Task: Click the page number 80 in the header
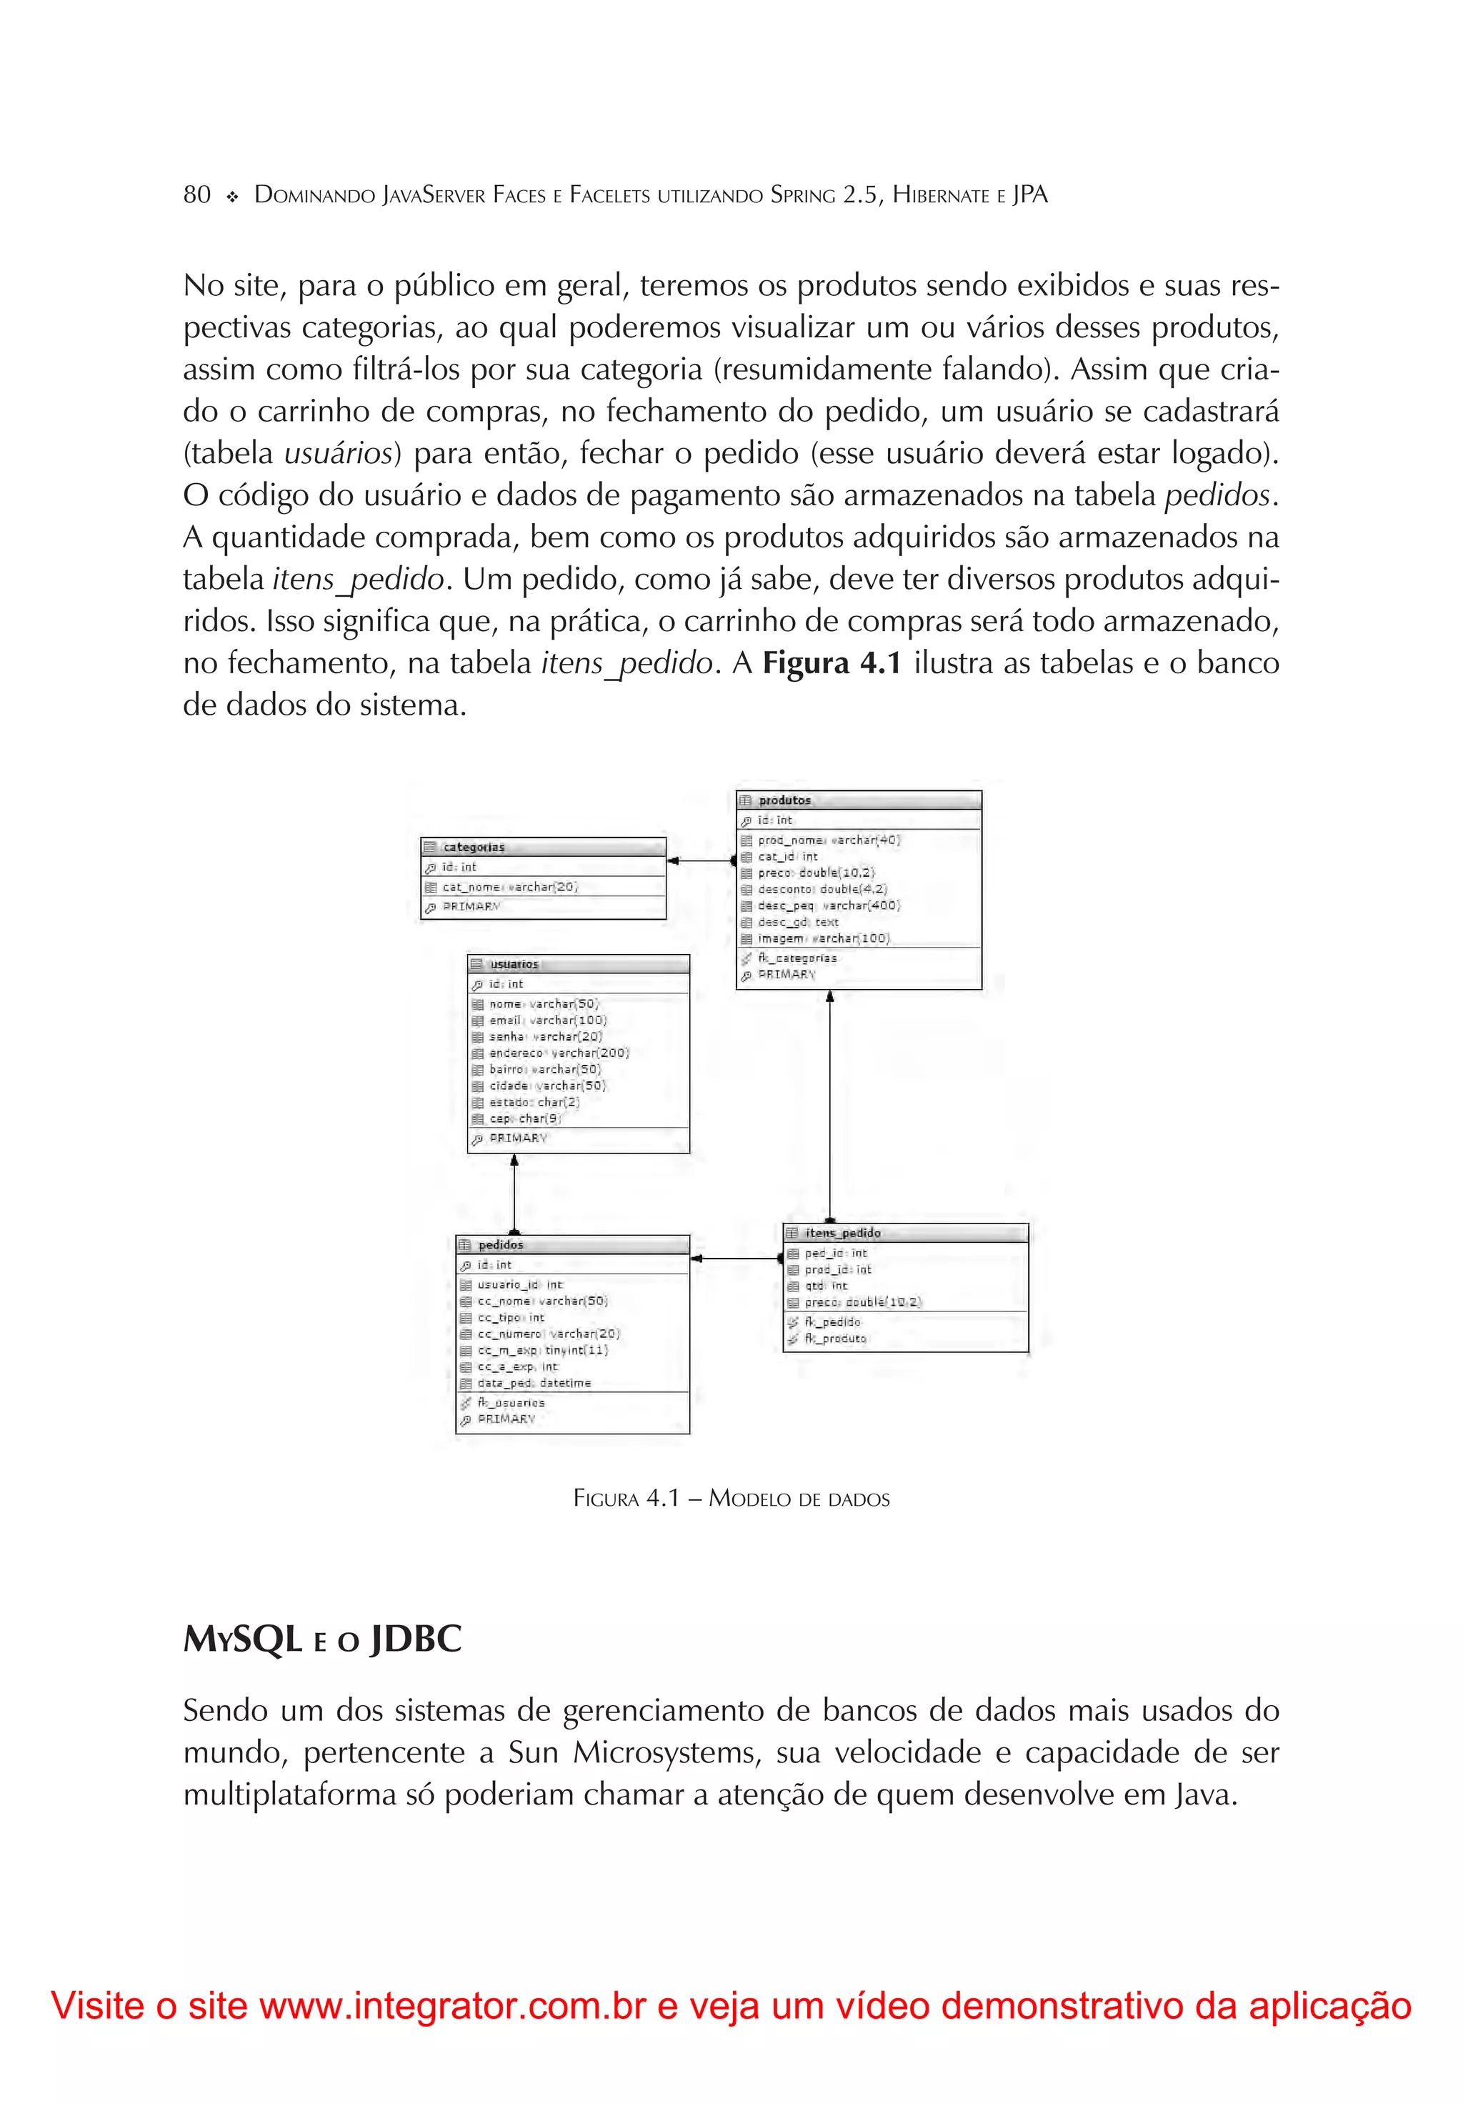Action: tap(197, 195)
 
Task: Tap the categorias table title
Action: tap(473, 848)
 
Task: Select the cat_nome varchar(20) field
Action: tap(509, 887)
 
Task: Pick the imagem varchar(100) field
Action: tap(823, 938)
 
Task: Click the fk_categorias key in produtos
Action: tap(796, 958)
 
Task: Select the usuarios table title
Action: tap(514, 964)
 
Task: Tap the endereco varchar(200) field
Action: tap(558, 1053)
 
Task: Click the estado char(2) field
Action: tap(533, 1103)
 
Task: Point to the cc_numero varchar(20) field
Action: tap(548, 1334)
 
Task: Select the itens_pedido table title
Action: tap(842, 1234)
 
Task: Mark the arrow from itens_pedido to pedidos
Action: tap(736, 1259)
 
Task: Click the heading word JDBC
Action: tap(416, 1639)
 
